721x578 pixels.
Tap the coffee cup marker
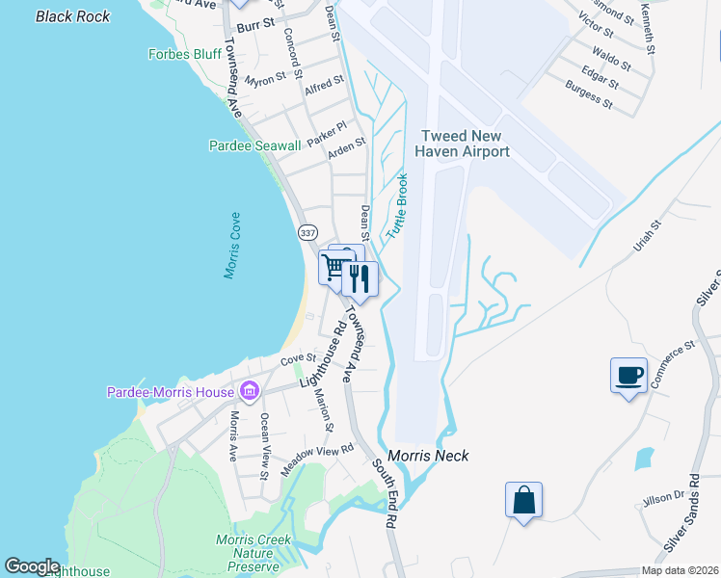point(628,375)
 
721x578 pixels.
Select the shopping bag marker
point(523,500)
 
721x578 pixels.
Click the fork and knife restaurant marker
point(360,278)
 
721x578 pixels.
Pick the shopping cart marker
point(335,267)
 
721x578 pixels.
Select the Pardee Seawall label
point(254,145)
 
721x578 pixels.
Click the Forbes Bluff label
point(185,54)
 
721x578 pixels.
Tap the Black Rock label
point(72,16)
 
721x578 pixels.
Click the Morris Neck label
point(428,456)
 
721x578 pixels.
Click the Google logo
point(32,566)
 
